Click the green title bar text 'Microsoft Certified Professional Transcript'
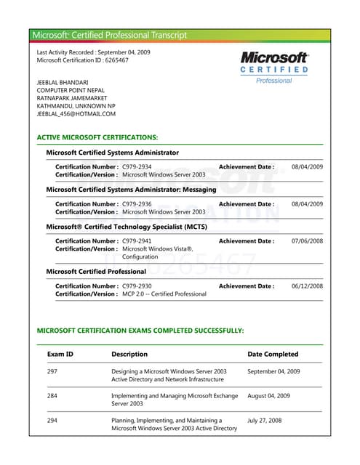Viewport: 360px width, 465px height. tap(110, 35)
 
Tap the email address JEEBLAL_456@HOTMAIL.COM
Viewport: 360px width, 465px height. tap(76, 114)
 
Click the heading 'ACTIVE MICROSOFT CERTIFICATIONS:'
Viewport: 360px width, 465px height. tap(97, 137)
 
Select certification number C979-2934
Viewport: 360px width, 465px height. tap(137, 167)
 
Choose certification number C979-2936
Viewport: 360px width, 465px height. tap(137, 204)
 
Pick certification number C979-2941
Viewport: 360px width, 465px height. tap(137, 241)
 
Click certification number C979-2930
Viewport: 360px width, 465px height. tap(137, 286)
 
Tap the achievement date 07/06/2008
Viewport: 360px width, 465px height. tap(307, 241)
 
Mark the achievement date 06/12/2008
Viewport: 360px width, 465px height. tap(307, 286)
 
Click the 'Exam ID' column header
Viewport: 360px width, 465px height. tap(60, 355)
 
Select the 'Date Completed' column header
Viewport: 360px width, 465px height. tap(273, 355)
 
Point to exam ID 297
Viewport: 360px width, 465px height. tap(52, 371)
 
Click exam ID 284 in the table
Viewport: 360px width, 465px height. tap(52, 396)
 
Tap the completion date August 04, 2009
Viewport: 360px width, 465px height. tap(269, 396)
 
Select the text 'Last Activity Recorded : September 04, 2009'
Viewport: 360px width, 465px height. tap(94, 52)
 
